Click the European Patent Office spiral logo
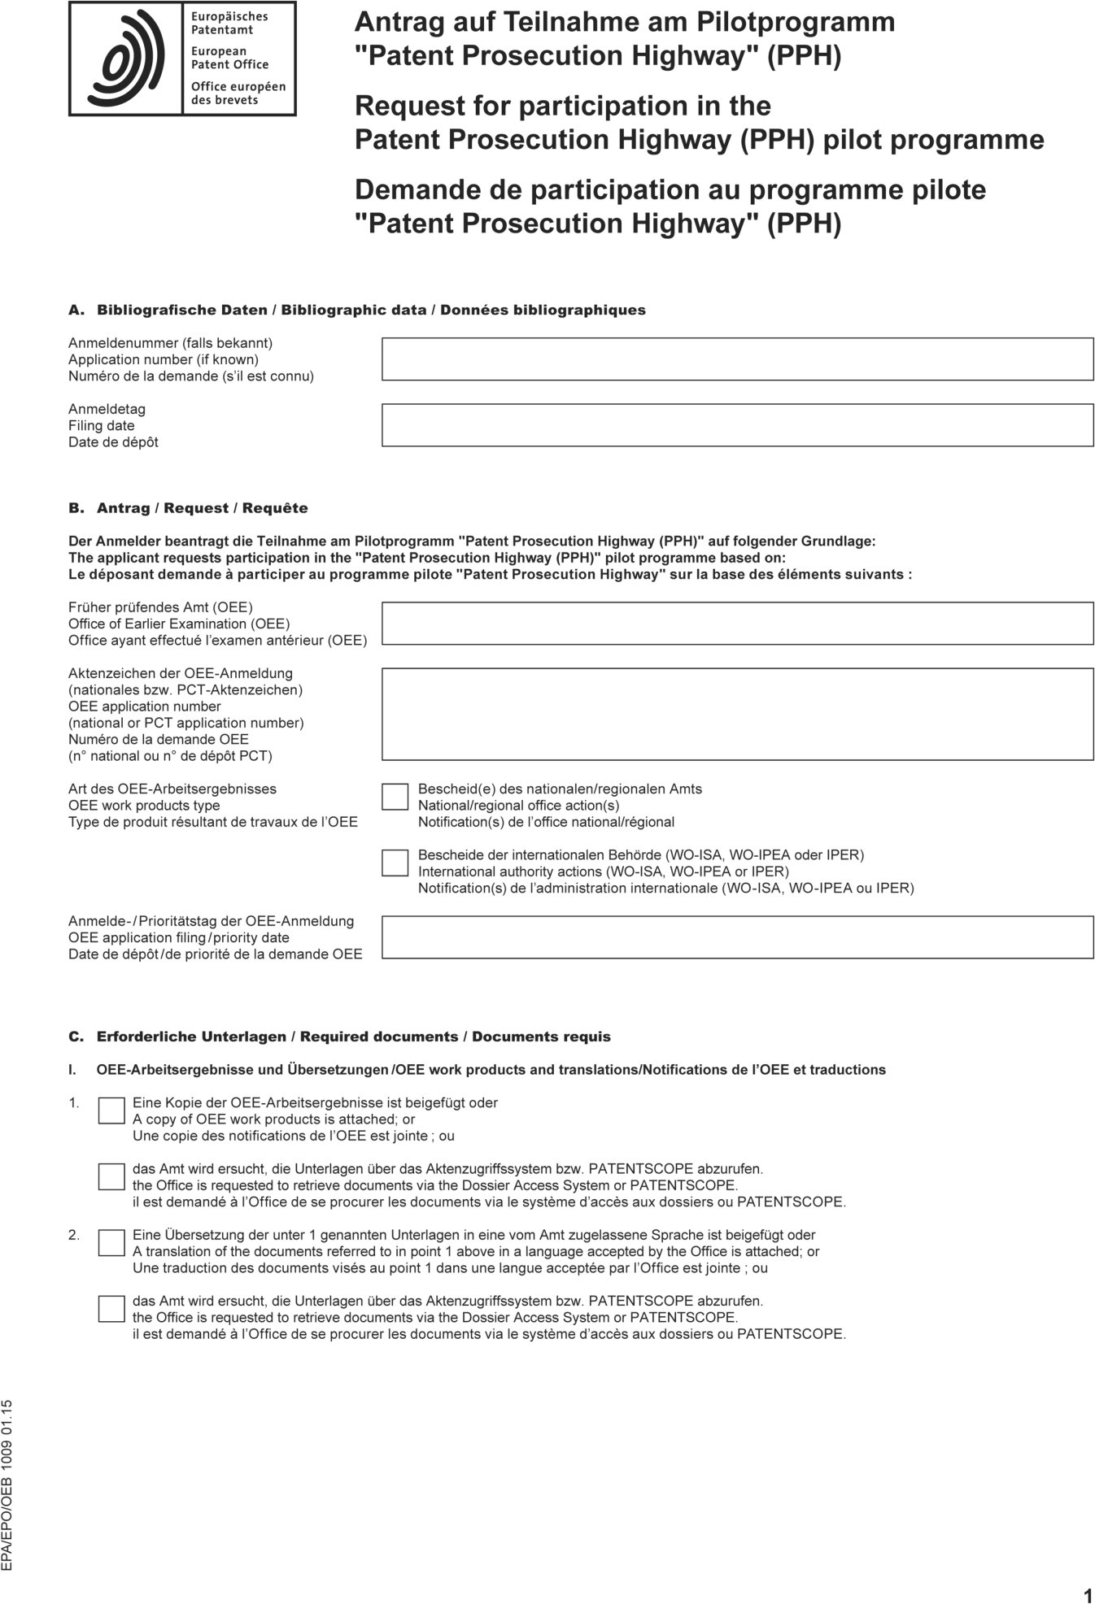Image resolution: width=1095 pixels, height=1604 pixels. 126,59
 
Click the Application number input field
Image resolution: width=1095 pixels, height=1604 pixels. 737,359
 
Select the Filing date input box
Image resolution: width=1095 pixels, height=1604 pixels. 737,425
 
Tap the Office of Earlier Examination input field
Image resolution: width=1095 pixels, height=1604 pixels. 737,624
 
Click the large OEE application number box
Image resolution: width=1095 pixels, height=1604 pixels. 737,714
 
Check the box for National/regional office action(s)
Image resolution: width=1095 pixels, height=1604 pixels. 395,797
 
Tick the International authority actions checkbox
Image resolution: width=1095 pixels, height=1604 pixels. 395,863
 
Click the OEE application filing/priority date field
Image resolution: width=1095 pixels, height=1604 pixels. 737,937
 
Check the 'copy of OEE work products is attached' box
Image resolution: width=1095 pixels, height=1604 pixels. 111,1111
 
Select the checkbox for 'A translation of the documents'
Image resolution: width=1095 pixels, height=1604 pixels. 111,1242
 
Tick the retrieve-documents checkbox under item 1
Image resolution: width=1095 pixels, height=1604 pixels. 111,1176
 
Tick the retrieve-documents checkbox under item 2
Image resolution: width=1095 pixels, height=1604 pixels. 111,1308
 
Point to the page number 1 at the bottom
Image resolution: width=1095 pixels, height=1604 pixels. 1088,1572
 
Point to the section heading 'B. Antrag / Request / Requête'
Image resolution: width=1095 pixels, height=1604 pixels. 188,508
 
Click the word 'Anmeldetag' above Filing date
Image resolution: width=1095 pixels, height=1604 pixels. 107,409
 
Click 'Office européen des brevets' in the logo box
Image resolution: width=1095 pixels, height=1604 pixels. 238,93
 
